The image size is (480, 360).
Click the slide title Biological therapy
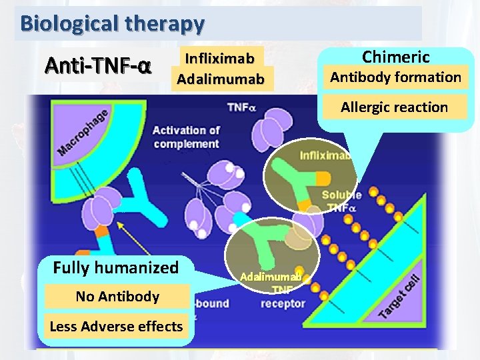[x=112, y=23]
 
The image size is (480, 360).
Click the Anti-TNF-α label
[x=98, y=67]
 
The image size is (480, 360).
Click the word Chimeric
[x=395, y=57]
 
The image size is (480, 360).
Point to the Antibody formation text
[x=395, y=77]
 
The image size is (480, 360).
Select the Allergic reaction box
[x=394, y=107]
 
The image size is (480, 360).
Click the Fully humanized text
[x=116, y=268]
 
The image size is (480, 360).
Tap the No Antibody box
[x=117, y=297]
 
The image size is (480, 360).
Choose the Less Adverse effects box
[x=116, y=326]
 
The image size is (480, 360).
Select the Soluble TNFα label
[x=341, y=201]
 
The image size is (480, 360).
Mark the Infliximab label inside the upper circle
[x=325, y=156]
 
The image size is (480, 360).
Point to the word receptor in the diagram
[x=283, y=304]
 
